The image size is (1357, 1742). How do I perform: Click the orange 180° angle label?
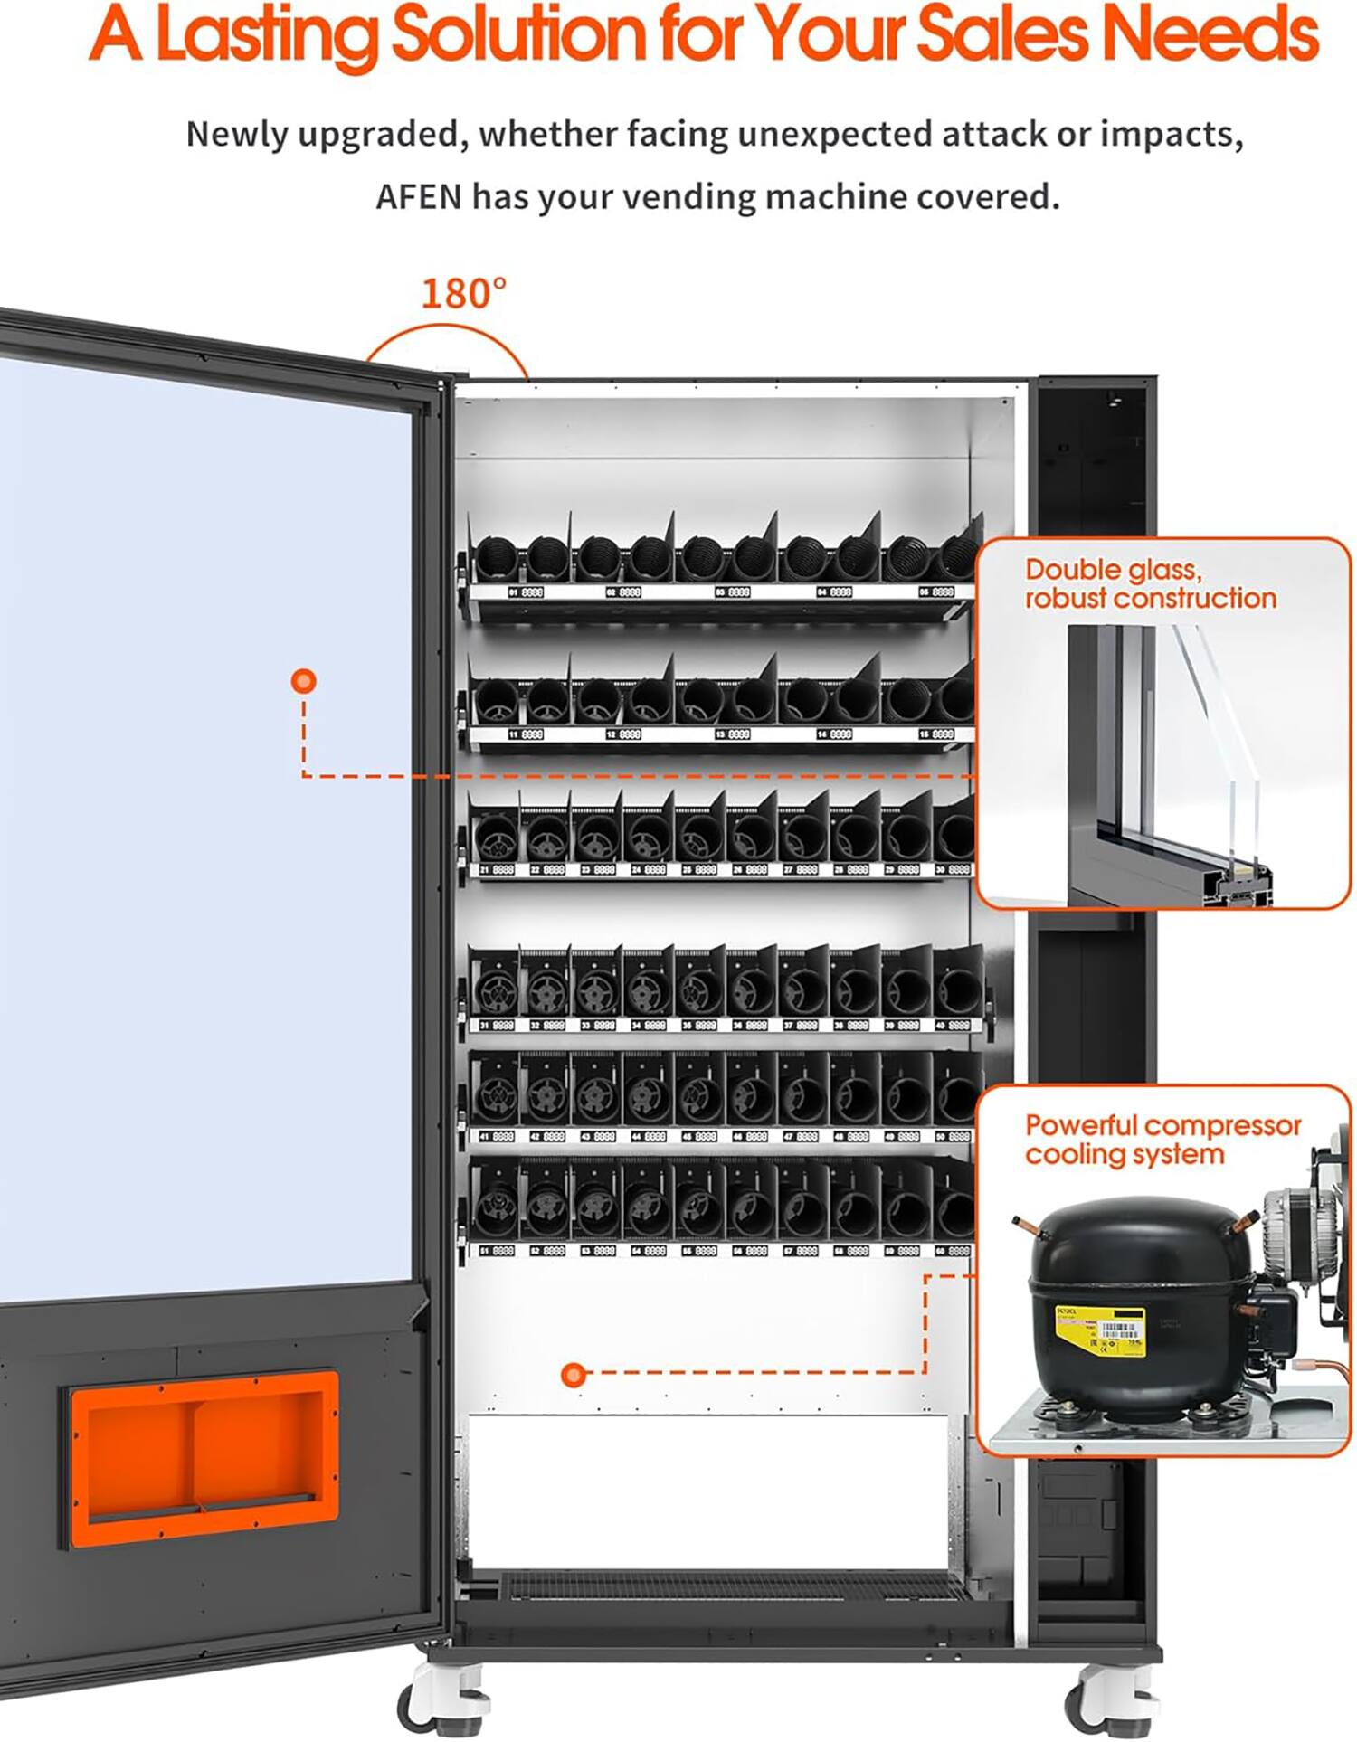tap(463, 294)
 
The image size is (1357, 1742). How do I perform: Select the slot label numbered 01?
tap(526, 592)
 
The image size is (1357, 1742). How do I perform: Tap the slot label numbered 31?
tap(497, 1026)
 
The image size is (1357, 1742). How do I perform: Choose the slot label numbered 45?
tap(699, 1136)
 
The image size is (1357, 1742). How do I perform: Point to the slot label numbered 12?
tap(623, 734)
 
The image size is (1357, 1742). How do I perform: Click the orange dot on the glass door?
tap(304, 681)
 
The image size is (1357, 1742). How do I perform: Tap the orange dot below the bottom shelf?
tap(572, 1376)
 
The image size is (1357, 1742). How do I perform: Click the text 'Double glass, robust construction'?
tap(1149, 583)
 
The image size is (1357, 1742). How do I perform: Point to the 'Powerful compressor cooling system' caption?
tap(1162, 1140)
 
